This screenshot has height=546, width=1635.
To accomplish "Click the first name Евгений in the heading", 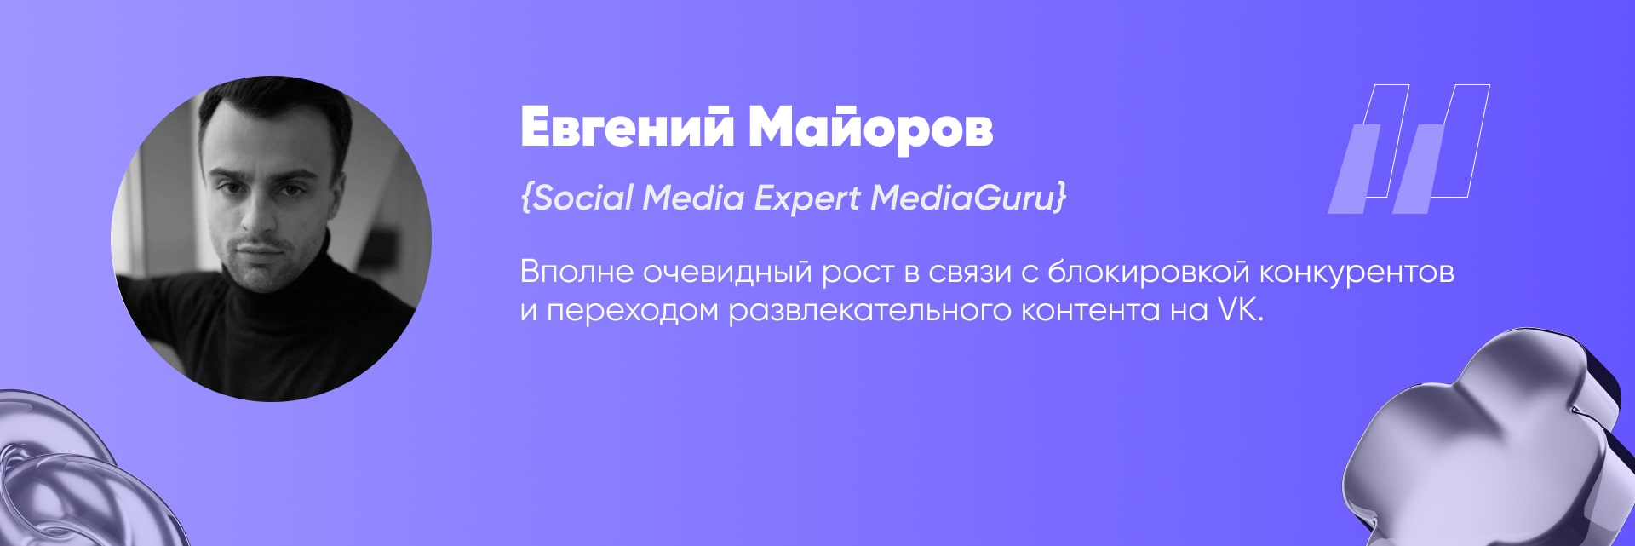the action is (x=627, y=128).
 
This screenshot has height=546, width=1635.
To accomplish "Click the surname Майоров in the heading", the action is (x=870, y=128).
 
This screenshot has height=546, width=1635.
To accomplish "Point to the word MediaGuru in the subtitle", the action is (x=963, y=198).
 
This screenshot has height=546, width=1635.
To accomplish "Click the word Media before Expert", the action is (x=694, y=198).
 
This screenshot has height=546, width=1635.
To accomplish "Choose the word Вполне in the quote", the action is (x=577, y=273).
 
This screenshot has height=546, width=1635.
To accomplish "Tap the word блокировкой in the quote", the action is (x=1148, y=272).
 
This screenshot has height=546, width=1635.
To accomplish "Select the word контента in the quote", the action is (x=1090, y=312).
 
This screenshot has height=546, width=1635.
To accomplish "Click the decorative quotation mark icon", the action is (x=1409, y=149).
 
